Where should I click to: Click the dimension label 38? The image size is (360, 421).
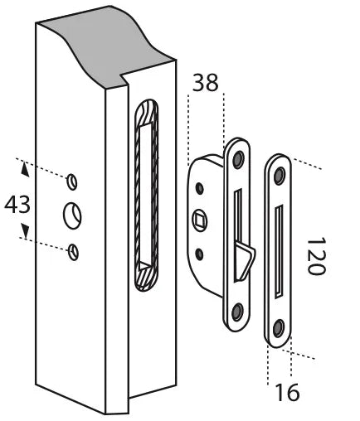click(x=205, y=83)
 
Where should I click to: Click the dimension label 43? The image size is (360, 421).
click(x=17, y=205)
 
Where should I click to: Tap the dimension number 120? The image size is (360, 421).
click(x=316, y=256)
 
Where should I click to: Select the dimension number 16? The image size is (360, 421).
click(x=288, y=392)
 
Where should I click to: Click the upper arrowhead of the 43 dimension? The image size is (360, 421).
click(x=25, y=169)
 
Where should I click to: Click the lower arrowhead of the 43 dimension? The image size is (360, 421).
click(x=26, y=231)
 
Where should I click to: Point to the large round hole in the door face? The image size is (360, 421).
click(x=72, y=215)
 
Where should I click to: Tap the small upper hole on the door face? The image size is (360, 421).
click(x=72, y=181)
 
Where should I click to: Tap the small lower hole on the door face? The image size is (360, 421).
click(x=74, y=252)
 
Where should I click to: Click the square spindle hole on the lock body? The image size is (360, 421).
click(x=200, y=220)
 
